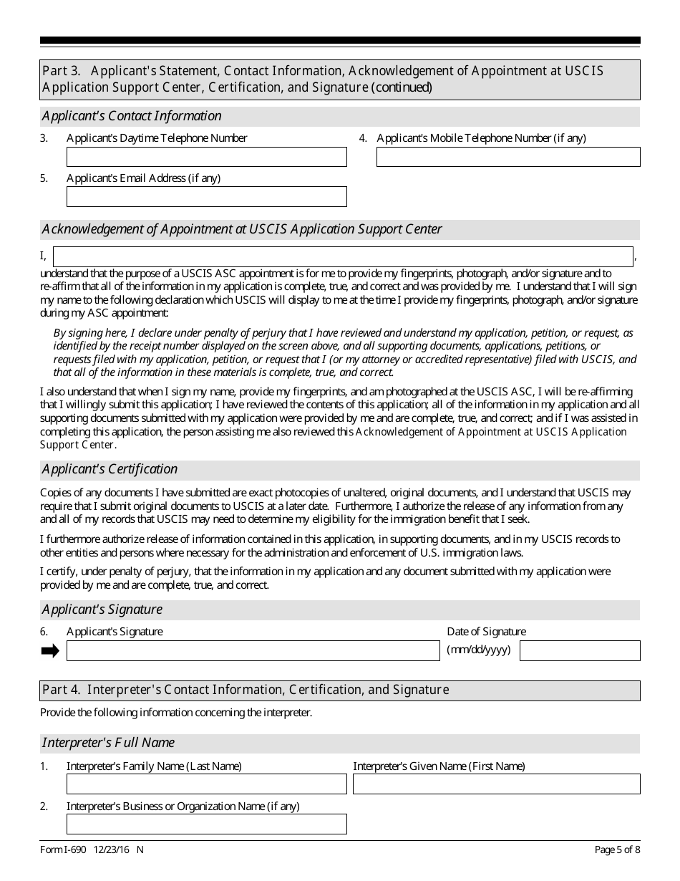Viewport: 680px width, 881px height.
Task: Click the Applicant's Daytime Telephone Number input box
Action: click(x=206, y=157)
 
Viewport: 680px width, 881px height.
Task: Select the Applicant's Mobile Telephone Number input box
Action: click(x=508, y=157)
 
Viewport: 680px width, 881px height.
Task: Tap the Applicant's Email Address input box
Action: click(x=206, y=197)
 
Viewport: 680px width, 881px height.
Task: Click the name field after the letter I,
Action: click(x=343, y=256)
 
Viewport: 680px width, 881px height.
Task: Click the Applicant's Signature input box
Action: click(x=253, y=650)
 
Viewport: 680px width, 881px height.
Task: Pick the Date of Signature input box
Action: click(x=580, y=650)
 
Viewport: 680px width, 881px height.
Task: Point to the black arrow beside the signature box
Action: click(x=50, y=650)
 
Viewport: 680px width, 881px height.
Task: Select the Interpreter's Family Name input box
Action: click(x=206, y=784)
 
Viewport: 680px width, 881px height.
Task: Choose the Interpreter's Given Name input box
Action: click(x=496, y=784)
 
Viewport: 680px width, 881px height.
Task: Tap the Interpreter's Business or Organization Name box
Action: click(x=206, y=824)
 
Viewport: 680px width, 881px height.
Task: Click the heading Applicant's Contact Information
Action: click(x=132, y=116)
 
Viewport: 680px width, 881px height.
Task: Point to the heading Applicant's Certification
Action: click(x=110, y=469)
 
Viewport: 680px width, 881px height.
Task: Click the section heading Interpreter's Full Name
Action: click(x=108, y=743)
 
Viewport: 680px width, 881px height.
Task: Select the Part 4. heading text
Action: click(x=246, y=690)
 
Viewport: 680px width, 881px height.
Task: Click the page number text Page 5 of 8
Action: click(x=618, y=850)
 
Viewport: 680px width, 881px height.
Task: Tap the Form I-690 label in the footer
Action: click(x=63, y=850)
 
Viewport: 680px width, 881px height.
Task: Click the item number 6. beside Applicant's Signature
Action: click(x=44, y=632)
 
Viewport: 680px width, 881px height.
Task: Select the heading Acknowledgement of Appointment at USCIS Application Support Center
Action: click(x=242, y=229)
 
